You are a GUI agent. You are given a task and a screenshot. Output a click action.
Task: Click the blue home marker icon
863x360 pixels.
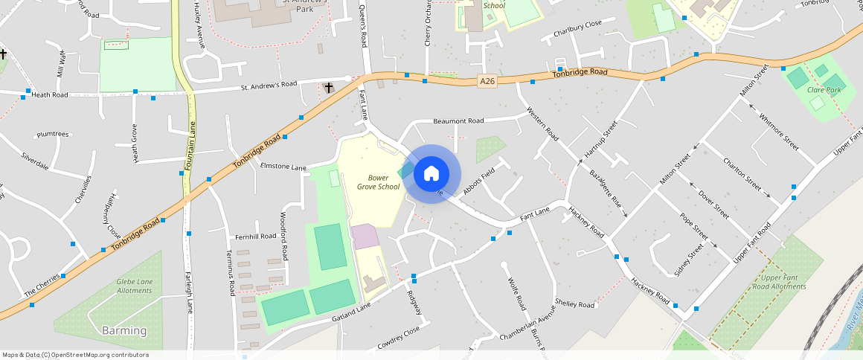431,175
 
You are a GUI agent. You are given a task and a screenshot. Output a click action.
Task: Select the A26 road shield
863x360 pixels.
487,81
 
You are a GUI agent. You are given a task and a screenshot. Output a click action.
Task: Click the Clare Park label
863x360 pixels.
824,90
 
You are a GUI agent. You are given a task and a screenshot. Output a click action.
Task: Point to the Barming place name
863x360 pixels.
124,330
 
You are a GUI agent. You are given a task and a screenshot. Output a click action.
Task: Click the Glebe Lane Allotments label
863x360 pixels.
135,286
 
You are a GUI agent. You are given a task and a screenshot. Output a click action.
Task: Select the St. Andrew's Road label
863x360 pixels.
269,86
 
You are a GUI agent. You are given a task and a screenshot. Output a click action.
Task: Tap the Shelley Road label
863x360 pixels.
576,305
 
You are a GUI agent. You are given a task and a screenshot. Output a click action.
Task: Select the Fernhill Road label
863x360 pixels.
255,237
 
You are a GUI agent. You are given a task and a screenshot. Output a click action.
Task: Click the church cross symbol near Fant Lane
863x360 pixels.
329,88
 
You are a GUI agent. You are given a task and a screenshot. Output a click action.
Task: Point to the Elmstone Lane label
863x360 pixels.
283,167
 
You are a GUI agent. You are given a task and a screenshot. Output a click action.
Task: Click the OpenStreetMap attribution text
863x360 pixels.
76,355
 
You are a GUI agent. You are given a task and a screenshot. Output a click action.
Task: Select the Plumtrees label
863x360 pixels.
52,135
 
